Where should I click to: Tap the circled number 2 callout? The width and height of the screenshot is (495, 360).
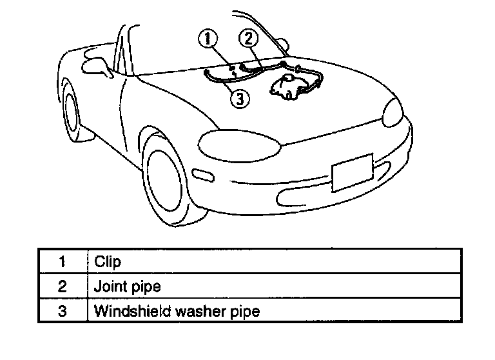pos(249,39)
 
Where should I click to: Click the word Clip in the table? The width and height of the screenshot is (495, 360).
pos(108,262)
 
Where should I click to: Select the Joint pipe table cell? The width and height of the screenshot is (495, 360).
pos(127,286)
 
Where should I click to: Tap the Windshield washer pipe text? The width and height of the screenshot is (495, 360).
pos(177,311)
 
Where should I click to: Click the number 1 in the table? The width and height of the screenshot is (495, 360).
pos(63,262)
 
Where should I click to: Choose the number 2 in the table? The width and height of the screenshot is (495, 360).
pos(63,286)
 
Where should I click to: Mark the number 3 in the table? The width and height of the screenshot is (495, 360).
pos(63,311)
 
